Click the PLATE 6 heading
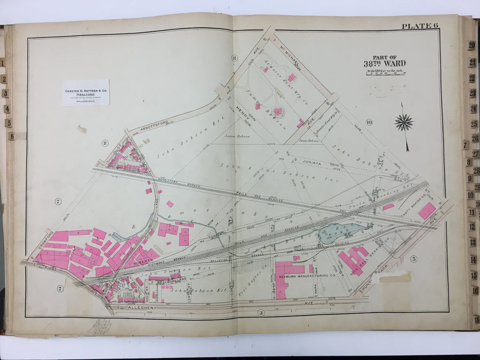pyautogui.click(x=419, y=26)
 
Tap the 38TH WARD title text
pyautogui.click(x=384, y=63)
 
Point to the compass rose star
pyautogui.click(x=404, y=123)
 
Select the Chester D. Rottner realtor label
pyautogui.click(x=85, y=92)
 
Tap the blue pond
pyautogui.click(x=340, y=232)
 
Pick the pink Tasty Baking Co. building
pyautogui.click(x=427, y=211)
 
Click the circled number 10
pyautogui.click(x=369, y=123)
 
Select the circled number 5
pyautogui.click(x=414, y=259)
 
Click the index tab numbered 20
pyautogui.click(x=471, y=45)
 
